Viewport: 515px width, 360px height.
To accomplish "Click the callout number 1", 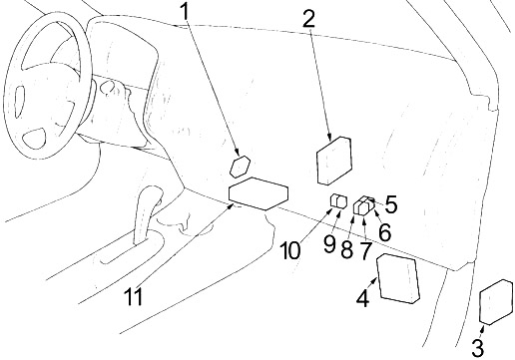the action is click(x=186, y=12).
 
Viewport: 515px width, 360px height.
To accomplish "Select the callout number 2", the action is click(x=308, y=19).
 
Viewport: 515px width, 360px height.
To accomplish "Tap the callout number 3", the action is click(x=478, y=348).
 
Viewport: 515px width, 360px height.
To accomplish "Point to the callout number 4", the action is click(x=362, y=298).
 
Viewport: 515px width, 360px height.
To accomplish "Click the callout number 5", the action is click(x=390, y=204).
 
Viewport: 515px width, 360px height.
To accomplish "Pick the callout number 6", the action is click(x=384, y=232).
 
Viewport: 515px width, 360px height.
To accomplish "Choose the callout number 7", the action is click(x=365, y=249).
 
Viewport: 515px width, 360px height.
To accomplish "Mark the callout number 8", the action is click(x=346, y=249).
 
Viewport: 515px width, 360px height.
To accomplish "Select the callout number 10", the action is click(x=290, y=250).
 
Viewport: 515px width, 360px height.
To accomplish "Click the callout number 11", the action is click(x=134, y=296).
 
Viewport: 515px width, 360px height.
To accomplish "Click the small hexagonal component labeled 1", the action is click(x=241, y=167).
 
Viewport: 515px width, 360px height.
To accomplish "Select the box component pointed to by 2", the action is click(x=333, y=160).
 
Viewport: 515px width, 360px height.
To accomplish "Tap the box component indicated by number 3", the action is click(x=496, y=302).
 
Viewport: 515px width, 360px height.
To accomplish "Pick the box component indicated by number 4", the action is click(x=398, y=278).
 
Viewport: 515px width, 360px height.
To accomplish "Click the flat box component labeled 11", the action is click(x=258, y=193).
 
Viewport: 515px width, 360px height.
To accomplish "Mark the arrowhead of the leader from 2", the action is click(x=329, y=138).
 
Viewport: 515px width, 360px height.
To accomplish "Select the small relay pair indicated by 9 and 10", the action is click(x=338, y=200).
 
